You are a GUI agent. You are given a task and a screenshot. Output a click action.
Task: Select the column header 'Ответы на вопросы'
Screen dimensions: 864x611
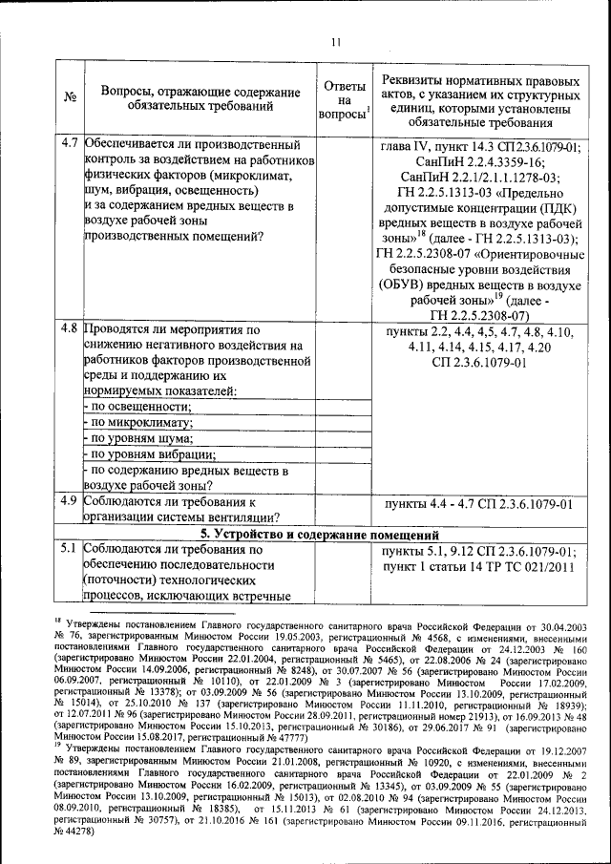pos(343,97)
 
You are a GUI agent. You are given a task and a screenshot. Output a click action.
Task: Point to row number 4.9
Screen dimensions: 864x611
pos(69,500)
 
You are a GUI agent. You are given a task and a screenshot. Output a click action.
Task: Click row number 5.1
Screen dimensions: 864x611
pos(69,550)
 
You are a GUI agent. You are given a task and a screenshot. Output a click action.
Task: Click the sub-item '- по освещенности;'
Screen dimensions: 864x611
pos(137,407)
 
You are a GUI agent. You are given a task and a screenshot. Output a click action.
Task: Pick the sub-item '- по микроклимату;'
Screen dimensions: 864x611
pos(137,423)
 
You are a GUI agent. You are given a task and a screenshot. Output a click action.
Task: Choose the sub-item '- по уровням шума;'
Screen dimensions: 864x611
pos(138,438)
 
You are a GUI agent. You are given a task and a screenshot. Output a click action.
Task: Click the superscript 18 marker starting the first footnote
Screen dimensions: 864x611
pos(57,620)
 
